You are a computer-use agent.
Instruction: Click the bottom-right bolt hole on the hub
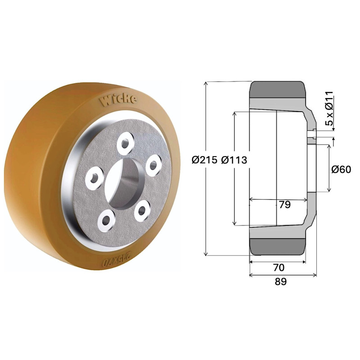[x=143, y=209]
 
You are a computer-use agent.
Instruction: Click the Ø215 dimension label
[x=204, y=160]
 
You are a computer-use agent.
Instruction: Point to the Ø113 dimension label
[x=234, y=160]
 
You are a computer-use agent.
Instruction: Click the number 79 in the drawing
[x=285, y=205]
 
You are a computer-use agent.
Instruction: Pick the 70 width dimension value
[x=279, y=268]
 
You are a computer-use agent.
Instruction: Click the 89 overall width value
[x=280, y=282]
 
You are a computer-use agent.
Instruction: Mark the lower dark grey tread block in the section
[x=278, y=246]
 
